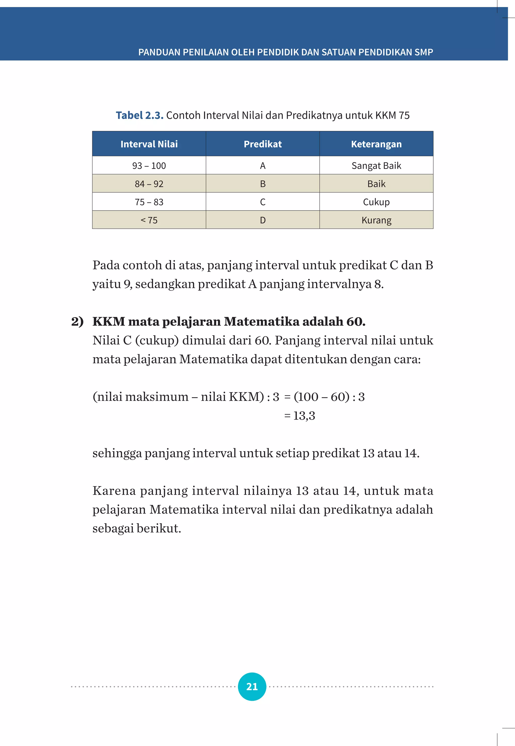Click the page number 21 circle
point(252,686)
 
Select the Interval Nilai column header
point(149,144)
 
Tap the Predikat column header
point(263,144)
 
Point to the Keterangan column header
point(376,144)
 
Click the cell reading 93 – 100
point(149,165)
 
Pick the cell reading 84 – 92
point(149,184)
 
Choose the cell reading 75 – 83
point(149,202)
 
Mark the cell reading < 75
point(149,220)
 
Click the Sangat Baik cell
point(376,165)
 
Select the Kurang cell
point(376,220)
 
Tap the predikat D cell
point(263,220)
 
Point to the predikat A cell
point(263,165)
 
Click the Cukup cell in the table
point(376,202)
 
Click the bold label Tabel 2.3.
point(139,115)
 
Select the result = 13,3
point(300,416)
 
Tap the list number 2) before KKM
point(77,321)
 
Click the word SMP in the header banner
point(424,52)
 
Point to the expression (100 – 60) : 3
point(329,397)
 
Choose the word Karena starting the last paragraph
point(114,491)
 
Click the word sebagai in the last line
point(113,528)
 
